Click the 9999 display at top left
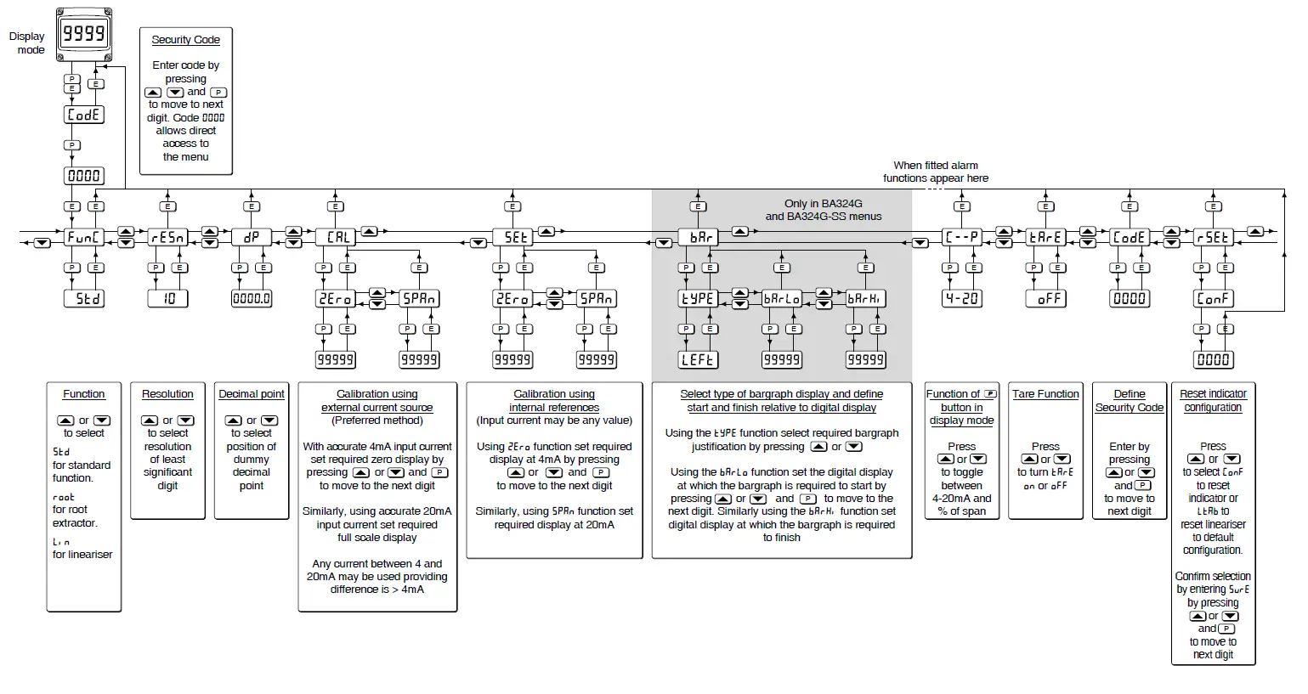tap(84, 34)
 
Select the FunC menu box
tap(84, 237)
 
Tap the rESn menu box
tap(167, 237)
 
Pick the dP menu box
tap(252, 237)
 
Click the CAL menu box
tap(336, 237)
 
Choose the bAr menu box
tap(699, 237)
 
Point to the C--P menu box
tap(962, 237)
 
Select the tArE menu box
tap(1046, 237)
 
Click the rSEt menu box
tap(1213, 237)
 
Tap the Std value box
tap(84, 298)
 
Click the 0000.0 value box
tap(252, 298)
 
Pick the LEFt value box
tap(699, 359)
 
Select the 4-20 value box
tap(962, 298)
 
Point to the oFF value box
tap(1046, 298)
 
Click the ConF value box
tap(1213, 298)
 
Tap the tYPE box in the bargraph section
tap(699, 298)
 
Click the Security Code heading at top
tap(185, 40)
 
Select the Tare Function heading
tap(1045, 394)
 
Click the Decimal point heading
tap(252, 394)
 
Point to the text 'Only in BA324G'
tap(823, 204)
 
